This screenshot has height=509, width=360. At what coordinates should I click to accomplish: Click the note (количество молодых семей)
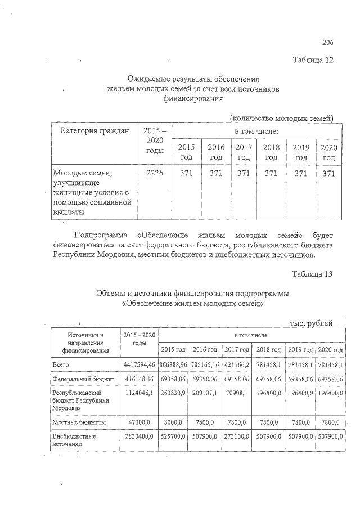tap(282, 118)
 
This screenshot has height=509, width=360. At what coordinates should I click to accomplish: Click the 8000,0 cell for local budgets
tap(174, 421)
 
